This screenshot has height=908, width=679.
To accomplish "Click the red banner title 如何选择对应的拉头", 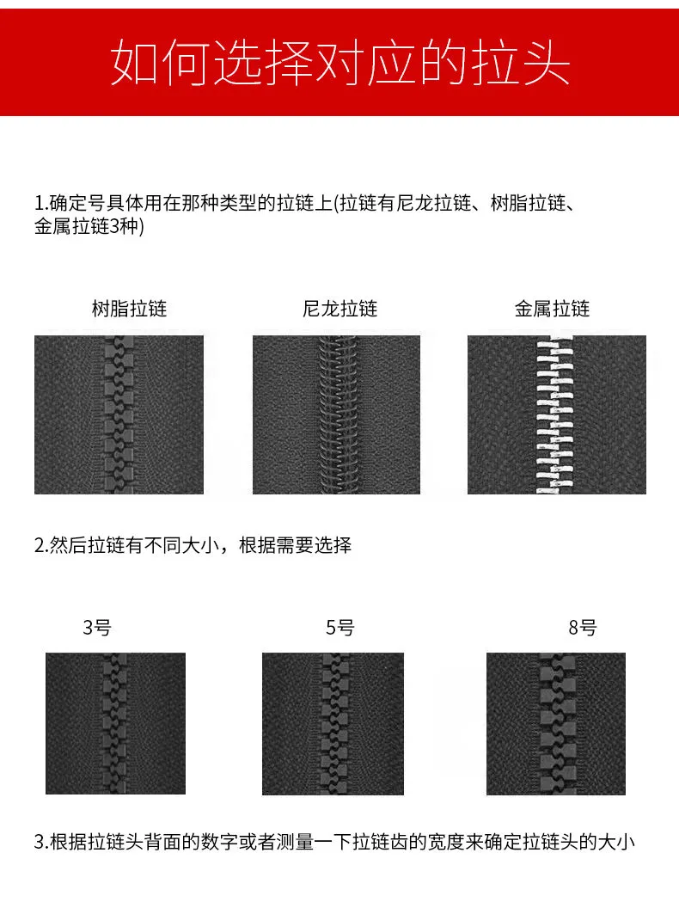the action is tap(339, 63).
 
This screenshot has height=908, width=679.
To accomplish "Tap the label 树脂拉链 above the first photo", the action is tap(129, 309).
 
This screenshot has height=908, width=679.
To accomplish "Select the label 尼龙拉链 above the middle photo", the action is tap(339, 309).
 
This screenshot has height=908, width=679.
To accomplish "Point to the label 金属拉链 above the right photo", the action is tap(552, 309).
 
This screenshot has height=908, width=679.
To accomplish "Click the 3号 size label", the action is tap(96, 627).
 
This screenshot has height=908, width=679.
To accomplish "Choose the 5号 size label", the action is tap(339, 627).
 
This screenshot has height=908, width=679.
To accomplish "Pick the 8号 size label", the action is tap(583, 627).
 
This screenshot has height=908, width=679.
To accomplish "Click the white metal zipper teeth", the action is tap(554, 414).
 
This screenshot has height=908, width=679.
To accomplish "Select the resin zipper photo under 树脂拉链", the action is tap(119, 414).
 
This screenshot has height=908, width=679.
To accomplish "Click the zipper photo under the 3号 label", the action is tap(115, 723).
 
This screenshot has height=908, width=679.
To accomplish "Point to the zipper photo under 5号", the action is tap(333, 723).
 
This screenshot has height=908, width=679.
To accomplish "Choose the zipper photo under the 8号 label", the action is tap(556, 723).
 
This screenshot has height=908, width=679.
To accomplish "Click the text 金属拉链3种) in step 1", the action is tap(89, 226).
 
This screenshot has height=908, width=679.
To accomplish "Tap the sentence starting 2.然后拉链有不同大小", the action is tap(193, 545).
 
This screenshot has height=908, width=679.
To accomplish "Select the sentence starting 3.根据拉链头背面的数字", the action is tap(334, 842).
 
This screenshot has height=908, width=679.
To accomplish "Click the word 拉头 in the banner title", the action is tap(520, 63).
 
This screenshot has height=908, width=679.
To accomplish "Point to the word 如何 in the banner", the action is tap(159, 63).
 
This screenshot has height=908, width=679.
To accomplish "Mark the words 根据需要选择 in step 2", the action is tap(295, 545).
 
